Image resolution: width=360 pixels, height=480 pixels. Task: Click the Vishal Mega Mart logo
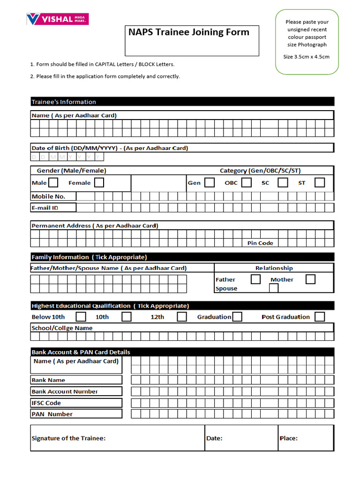click(x=57, y=19)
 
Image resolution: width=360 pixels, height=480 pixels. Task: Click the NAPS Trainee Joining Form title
click(x=189, y=32)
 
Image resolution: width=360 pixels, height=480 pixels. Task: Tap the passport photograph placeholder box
click(x=307, y=42)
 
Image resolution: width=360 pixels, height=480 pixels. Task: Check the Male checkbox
click(x=53, y=182)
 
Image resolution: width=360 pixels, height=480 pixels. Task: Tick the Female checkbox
click(x=99, y=182)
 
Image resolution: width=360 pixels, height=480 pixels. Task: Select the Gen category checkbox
click(x=210, y=182)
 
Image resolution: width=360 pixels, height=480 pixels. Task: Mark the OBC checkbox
click(x=246, y=182)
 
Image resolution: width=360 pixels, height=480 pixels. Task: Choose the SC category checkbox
click(x=283, y=182)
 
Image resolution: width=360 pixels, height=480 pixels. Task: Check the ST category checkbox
click(x=320, y=182)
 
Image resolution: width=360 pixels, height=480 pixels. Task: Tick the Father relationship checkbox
click(x=255, y=279)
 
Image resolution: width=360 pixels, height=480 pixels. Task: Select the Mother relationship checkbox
click(x=310, y=279)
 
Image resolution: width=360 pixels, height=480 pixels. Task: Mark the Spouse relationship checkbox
click(x=274, y=288)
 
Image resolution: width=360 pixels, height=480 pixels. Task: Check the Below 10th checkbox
click(x=81, y=317)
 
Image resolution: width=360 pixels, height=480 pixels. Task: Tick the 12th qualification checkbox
click(x=182, y=317)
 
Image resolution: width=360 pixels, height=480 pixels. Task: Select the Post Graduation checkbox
click(x=320, y=317)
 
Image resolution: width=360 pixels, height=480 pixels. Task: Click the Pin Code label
click(x=260, y=243)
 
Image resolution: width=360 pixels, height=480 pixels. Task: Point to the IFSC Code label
click(x=46, y=403)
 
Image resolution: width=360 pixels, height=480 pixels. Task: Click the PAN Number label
click(x=52, y=414)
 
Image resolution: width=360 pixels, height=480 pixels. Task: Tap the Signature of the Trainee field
click(x=117, y=438)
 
